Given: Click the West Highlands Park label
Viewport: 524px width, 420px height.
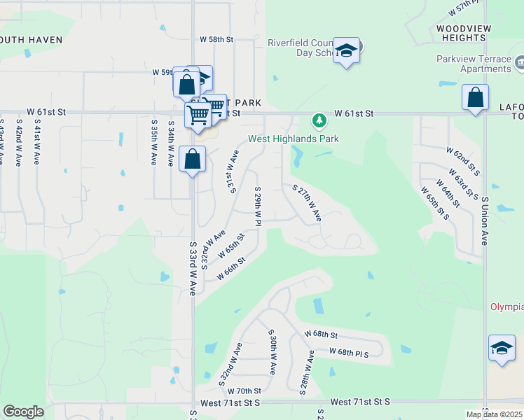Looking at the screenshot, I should [x=294, y=139].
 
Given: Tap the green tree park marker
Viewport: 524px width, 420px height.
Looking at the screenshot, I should [x=319, y=121].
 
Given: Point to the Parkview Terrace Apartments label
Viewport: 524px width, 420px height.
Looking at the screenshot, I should [x=474, y=64].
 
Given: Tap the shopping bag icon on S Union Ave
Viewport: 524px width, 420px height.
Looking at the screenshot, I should [x=476, y=99].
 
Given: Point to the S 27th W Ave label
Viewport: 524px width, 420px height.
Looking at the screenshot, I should [x=307, y=204].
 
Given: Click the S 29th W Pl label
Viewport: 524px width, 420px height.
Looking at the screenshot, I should [x=258, y=206].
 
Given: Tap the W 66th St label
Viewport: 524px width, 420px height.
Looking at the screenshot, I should [x=231, y=269].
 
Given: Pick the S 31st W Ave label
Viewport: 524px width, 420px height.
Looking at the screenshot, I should [x=232, y=170].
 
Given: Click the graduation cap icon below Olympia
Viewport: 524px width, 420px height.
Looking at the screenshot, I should [x=502, y=349].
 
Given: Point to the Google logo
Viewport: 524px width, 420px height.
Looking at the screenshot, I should [x=23, y=412].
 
